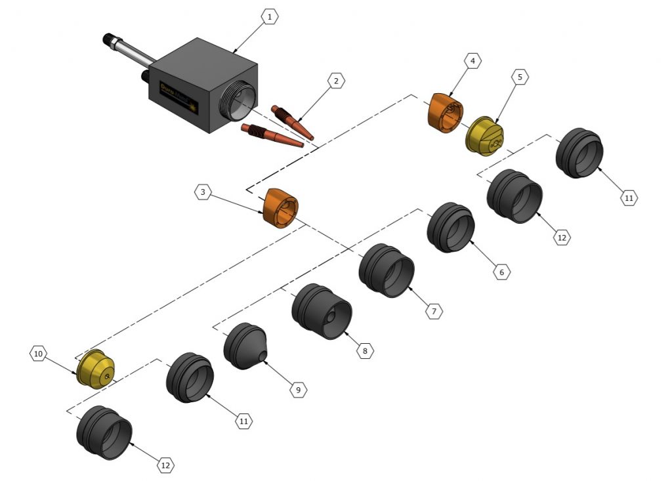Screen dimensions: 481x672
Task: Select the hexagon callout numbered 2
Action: point(336,81)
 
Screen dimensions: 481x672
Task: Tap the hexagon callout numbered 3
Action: point(203,192)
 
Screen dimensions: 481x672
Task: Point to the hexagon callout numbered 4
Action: point(472,61)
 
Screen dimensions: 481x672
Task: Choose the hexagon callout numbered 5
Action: point(520,77)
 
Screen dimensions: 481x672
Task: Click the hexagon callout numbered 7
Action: point(434,311)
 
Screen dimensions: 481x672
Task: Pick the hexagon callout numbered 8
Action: point(365,351)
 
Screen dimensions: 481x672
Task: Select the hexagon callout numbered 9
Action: point(298,390)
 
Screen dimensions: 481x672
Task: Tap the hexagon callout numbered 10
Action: point(38,354)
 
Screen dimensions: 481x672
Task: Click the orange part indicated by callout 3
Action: point(280,207)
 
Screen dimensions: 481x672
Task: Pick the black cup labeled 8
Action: point(322,311)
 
